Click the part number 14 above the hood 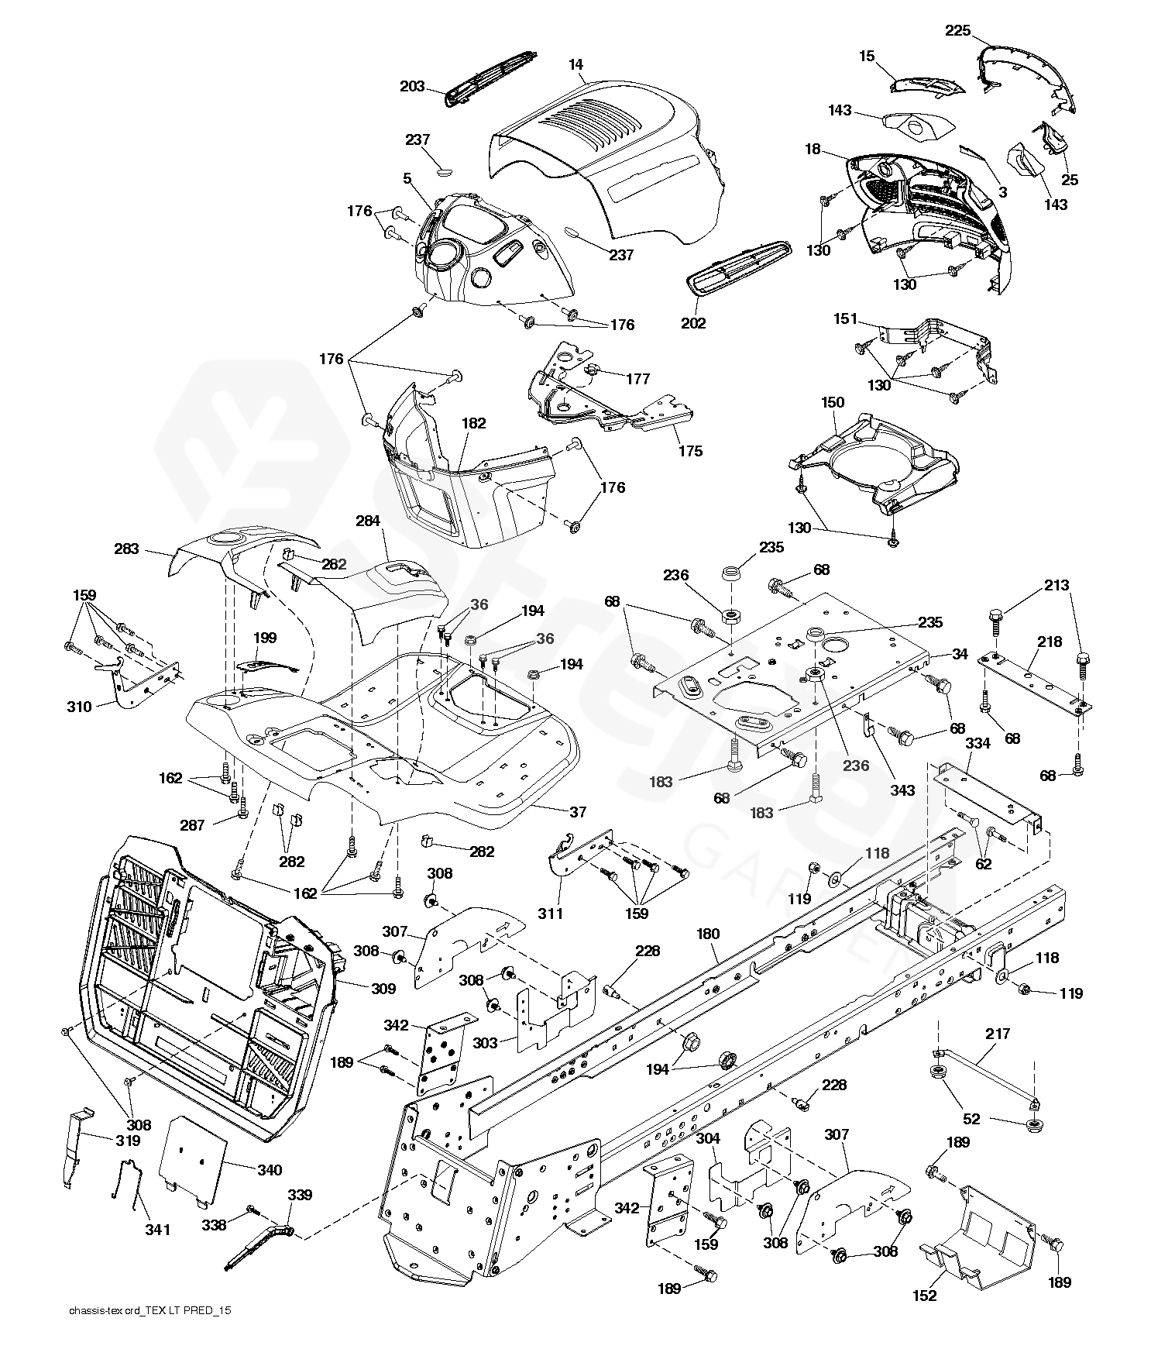(575, 65)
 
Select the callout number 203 (412, 86)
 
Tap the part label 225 (957, 31)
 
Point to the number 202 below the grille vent (692, 323)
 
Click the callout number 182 (473, 423)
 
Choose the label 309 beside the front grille (383, 989)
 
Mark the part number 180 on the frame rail (708, 934)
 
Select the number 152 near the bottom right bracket (925, 1296)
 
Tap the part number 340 (270, 1170)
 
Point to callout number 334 (977, 744)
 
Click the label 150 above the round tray (833, 402)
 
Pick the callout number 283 (126, 549)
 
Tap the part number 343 (902, 790)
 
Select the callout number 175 (690, 450)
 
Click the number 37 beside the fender (578, 812)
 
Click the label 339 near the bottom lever (300, 1195)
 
